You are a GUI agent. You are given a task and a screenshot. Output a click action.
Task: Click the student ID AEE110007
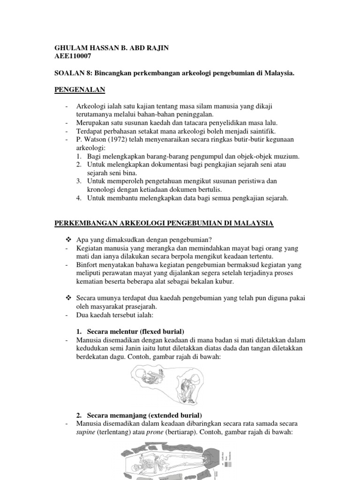pos(73,56)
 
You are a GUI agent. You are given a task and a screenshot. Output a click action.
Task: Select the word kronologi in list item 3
pos(102,189)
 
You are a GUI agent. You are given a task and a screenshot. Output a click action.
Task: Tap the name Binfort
pos(87,265)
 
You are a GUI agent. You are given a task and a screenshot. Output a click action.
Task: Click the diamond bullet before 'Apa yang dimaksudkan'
pos(68,240)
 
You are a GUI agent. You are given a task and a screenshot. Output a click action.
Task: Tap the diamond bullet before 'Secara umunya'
pos(68,299)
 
